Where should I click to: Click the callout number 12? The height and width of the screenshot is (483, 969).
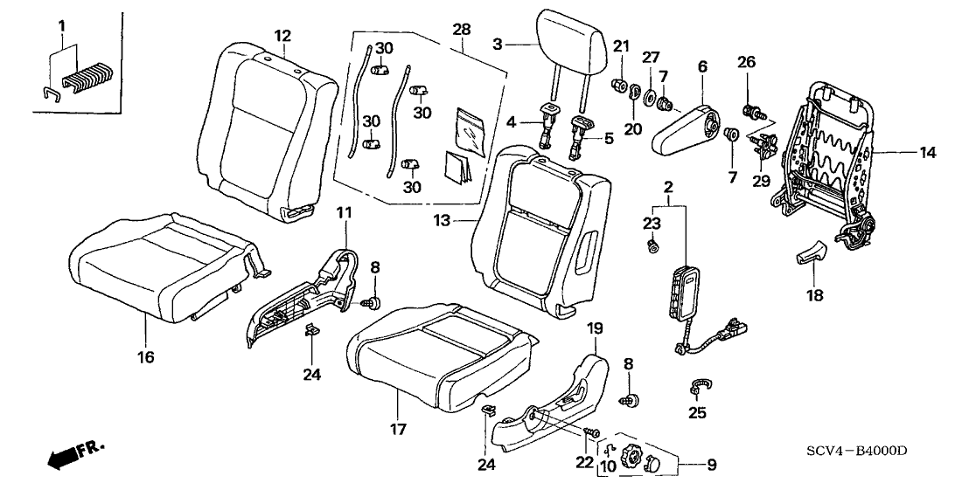[282, 36]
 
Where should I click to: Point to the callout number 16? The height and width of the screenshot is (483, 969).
[145, 357]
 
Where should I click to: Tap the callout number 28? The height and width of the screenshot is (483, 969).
[462, 30]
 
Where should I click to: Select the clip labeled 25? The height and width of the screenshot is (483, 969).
[699, 386]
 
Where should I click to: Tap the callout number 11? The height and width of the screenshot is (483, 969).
[344, 212]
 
